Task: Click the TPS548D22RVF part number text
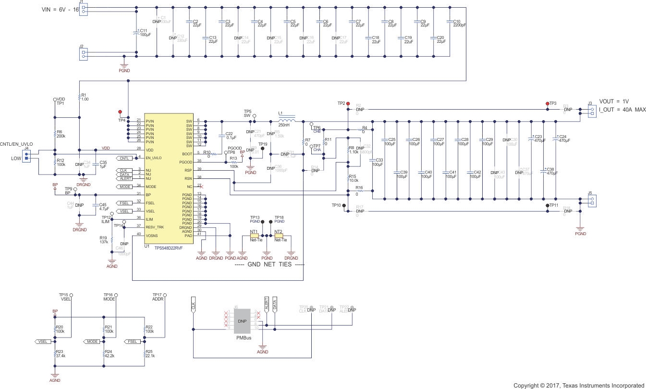pos(169,247)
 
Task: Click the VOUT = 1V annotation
pos(614,101)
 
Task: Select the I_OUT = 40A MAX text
pos(622,110)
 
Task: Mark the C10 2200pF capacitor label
pos(459,24)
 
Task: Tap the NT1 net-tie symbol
pos(254,236)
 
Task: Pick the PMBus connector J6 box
pos(243,321)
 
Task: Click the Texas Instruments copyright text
pos(579,385)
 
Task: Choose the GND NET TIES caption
pos(269,265)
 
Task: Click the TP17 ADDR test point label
pos(158,297)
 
